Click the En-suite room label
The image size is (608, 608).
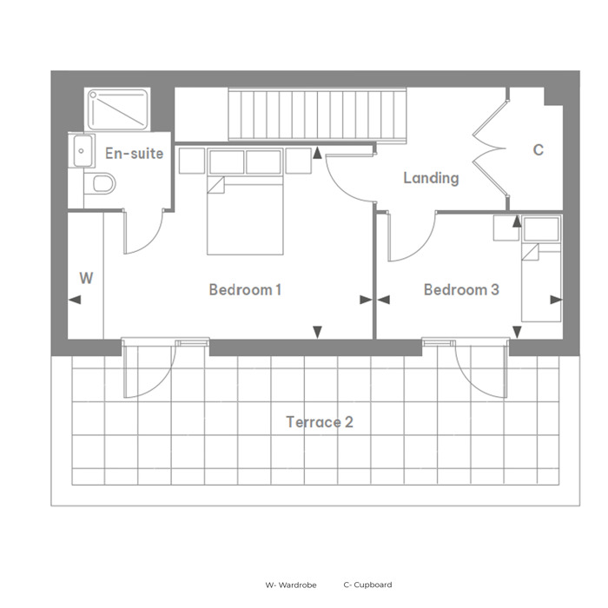[134, 154]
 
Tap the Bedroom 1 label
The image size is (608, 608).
[245, 289]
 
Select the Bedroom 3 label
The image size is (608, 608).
[461, 289]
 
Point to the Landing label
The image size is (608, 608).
[431, 178]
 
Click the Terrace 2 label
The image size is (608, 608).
[320, 422]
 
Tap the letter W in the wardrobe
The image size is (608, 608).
[86, 278]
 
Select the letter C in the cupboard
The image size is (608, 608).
[539, 149]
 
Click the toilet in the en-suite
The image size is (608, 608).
[100, 183]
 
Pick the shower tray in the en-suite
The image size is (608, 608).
[118, 109]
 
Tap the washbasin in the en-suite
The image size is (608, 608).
[81, 151]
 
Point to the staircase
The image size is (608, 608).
[317, 115]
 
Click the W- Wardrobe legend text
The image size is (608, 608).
[291, 585]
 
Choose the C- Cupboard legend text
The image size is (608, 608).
[367, 585]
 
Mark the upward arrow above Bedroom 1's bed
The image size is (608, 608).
[318, 153]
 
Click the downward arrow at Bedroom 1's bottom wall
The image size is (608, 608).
[318, 333]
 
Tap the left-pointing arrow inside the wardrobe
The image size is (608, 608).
[75, 300]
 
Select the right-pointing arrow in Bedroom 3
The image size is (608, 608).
[556, 300]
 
